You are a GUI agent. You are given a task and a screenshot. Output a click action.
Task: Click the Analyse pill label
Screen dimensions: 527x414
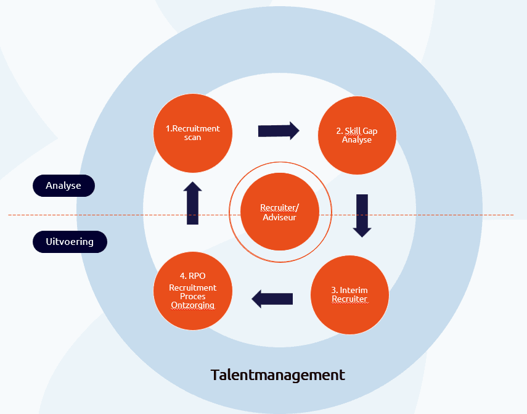coord(63,186)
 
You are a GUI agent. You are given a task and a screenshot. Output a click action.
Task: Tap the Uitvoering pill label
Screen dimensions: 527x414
coord(70,242)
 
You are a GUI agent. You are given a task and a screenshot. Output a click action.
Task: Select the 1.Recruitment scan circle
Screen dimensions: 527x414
coord(193,133)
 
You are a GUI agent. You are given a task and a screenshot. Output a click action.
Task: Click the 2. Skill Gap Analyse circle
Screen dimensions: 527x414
coord(357,135)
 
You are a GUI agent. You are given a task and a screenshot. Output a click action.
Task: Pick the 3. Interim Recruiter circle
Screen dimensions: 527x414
coord(350,295)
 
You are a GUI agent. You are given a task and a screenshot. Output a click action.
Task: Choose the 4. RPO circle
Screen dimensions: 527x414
coord(193,291)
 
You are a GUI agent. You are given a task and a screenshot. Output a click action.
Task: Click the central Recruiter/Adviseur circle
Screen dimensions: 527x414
coord(280,212)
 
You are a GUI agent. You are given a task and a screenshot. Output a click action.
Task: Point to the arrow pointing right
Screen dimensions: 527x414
coord(279,131)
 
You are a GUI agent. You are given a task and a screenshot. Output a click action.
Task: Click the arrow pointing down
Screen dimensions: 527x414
coord(362,215)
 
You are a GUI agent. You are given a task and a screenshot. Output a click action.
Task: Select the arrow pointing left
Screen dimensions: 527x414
coord(272,299)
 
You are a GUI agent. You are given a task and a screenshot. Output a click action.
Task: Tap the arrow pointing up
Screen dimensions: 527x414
coord(192,203)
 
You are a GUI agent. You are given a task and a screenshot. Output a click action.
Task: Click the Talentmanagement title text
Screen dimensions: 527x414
coord(277,375)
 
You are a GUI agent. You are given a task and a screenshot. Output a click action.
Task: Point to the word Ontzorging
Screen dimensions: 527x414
coord(192,305)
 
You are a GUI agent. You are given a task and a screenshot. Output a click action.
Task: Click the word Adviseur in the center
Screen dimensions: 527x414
coord(279,217)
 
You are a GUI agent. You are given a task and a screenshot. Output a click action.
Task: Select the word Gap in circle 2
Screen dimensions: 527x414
coord(370,131)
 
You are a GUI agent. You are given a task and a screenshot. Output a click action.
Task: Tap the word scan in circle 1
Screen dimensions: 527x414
coord(192,137)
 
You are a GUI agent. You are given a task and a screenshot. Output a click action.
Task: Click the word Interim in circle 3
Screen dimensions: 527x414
coord(354,290)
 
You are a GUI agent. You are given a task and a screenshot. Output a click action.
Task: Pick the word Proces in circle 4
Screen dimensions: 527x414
coord(192,296)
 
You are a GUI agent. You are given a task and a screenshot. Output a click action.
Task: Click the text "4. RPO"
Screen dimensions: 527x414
coord(192,276)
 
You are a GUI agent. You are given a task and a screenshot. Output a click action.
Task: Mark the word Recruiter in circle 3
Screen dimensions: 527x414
coord(349,299)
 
